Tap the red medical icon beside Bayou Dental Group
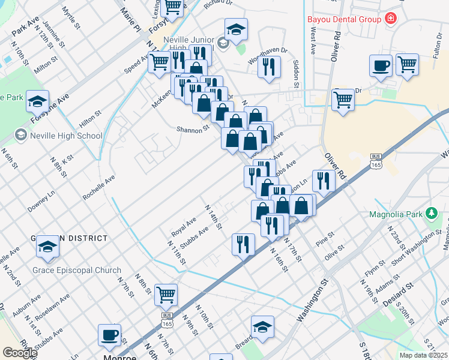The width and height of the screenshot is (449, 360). click(391, 19)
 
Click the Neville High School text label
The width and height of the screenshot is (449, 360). click(65, 136)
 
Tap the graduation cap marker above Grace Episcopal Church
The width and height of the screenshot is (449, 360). click(47, 246)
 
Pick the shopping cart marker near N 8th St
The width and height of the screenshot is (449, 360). click(165, 295)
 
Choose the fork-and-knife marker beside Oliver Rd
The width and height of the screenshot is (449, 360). click(324, 181)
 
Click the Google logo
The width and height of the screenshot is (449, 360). click(19, 353)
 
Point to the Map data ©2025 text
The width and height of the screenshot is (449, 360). click(424, 355)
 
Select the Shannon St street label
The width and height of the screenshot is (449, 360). click(193, 128)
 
